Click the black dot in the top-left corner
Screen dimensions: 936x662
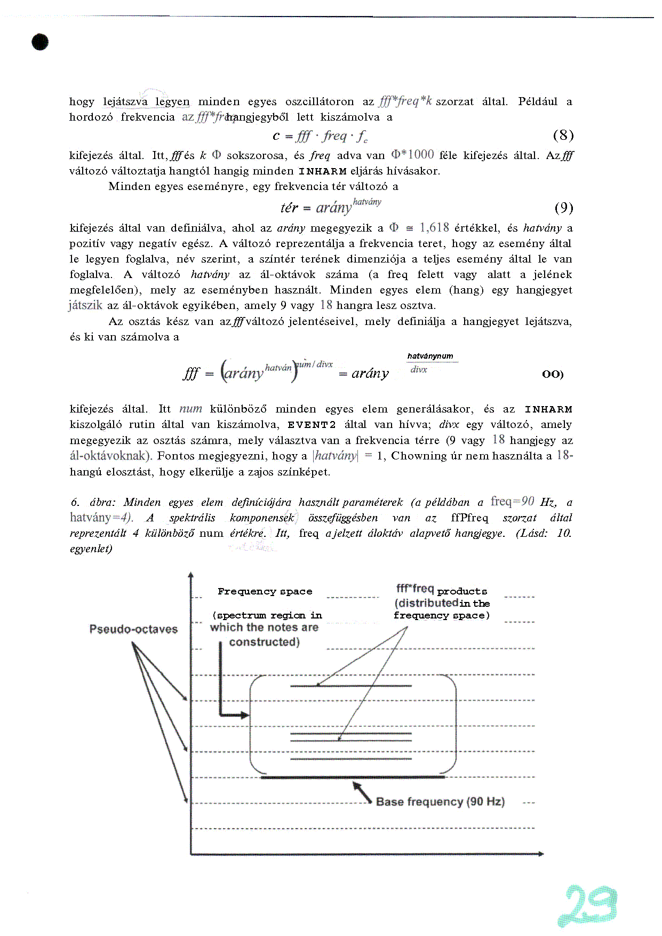pyautogui.click(x=40, y=42)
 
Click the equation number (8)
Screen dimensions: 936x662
pyautogui.click(x=563, y=135)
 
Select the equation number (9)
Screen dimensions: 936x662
pyautogui.click(x=563, y=207)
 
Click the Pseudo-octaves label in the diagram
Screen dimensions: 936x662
pyautogui.click(x=133, y=629)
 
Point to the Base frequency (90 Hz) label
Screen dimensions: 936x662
pyautogui.click(x=440, y=802)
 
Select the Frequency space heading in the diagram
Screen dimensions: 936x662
pyautogui.click(x=265, y=591)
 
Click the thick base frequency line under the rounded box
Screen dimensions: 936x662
pyautogui.click(x=352, y=778)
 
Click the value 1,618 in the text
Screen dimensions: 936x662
pyautogui.click(x=434, y=228)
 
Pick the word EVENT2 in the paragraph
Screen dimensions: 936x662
pyautogui.click(x=312, y=425)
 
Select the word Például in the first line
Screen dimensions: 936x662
pyautogui.click(x=537, y=101)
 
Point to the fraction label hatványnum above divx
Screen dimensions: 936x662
pyautogui.click(x=430, y=356)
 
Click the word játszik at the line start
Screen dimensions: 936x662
pyautogui.click(x=85, y=305)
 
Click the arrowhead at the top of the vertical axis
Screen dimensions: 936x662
pyautogui.click(x=191, y=575)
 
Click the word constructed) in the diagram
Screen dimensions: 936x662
pyautogui.click(x=264, y=642)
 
